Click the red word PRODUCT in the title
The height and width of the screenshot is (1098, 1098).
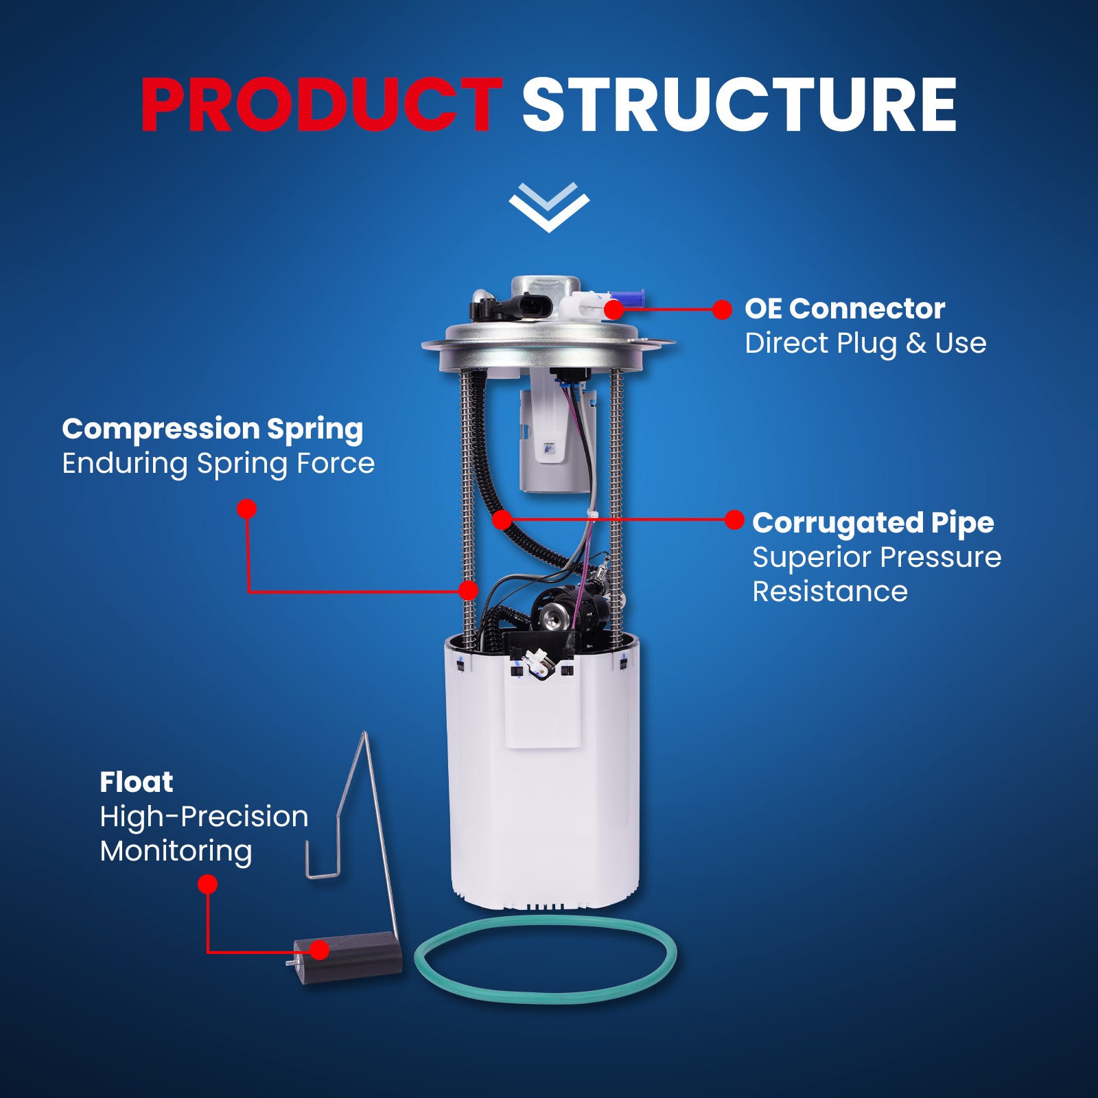point(321,104)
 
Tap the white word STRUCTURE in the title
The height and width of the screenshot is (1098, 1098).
point(739,104)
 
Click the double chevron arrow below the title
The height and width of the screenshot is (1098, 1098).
point(549,207)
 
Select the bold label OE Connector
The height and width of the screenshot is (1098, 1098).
point(845,309)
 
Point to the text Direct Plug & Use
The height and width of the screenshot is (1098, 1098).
point(865,343)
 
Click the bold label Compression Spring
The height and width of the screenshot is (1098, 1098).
point(213,430)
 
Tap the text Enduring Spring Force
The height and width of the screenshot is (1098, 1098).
point(218,463)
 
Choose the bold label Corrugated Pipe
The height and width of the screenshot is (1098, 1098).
point(873,524)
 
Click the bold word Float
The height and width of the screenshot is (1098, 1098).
point(137,782)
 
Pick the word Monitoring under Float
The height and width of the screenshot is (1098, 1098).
point(176,851)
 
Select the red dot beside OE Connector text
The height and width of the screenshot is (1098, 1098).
point(722,309)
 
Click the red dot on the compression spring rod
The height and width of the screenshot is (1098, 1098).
point(469,590)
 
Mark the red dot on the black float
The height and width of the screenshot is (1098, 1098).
point(319,950)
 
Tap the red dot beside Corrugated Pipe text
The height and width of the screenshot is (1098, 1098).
point(734,520)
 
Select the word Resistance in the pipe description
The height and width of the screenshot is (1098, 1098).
point(830,592)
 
